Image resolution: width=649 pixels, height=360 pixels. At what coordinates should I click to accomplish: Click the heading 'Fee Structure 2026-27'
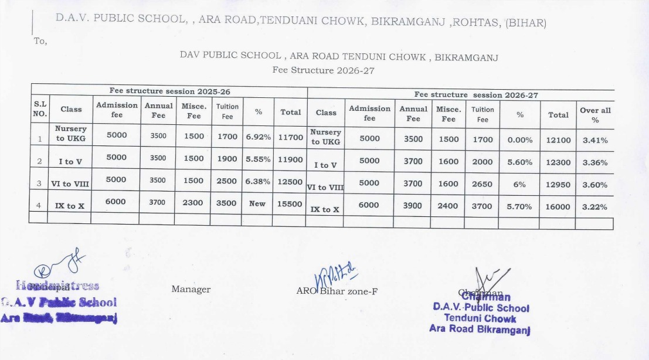point(323,70)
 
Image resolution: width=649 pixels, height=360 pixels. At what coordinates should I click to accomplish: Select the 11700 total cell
point(291,137)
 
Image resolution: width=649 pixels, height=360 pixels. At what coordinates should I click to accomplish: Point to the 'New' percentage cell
point(257,203)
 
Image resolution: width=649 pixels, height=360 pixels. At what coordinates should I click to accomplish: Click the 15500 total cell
point(291,203)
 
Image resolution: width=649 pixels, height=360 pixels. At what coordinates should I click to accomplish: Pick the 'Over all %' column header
point(595,114)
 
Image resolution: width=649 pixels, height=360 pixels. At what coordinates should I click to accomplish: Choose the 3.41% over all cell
point(595,140)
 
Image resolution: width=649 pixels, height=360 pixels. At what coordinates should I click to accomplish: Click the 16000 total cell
point(558,206)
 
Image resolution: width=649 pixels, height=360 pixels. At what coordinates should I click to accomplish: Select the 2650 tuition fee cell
point(483,184)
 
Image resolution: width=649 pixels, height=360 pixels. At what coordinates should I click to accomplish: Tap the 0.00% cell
point(519,140)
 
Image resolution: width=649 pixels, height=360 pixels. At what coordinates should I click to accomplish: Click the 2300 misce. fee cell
point(193,203)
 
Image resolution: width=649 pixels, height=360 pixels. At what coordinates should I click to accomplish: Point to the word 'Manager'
point(191,289)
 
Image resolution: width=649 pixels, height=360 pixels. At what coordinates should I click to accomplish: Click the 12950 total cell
point(558,184)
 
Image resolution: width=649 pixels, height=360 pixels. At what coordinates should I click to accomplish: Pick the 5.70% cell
point(519,206)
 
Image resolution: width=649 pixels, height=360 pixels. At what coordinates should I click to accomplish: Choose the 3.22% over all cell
point(595,206)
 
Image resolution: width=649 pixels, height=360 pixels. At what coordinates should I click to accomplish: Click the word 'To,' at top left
point(40,41)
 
